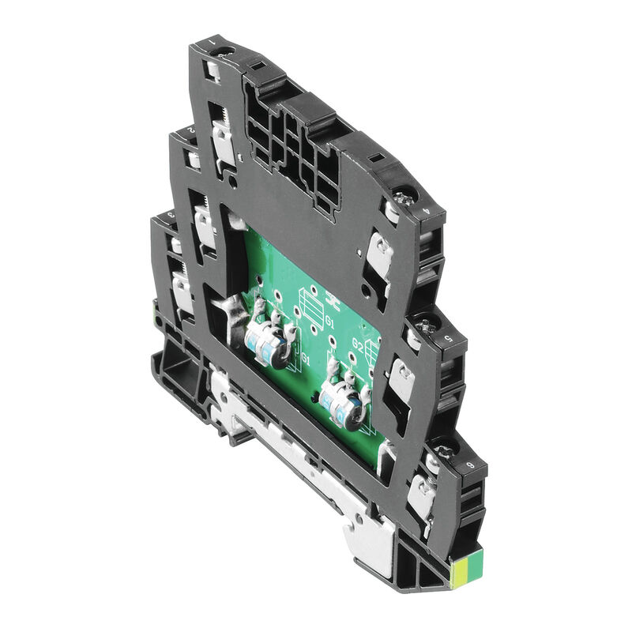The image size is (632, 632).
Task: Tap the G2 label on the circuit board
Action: point(357,345)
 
